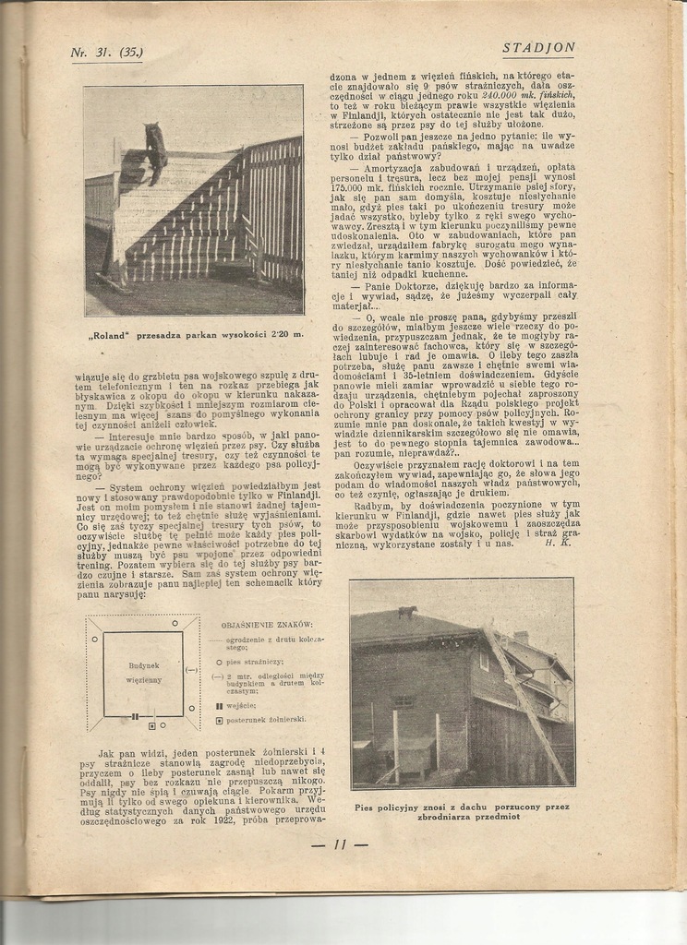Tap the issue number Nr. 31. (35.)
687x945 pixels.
pyautogui.click(x=106, y=53)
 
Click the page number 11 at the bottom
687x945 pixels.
pyautogui.click(x=340, y=843)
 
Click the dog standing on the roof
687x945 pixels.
pyautogui.click(x=406, y=611)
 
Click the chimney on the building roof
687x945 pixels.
pyautogui.click(x=521, y=637)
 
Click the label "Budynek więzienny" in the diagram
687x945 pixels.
pyautogui.click(x=143, y=672)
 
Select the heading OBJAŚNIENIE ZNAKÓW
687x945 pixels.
pyautogui.click(x=268, y=625)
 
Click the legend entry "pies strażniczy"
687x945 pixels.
pyautogui.click(x=254, y=662)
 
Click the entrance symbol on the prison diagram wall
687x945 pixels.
pyautogui.click(x=135, y=715)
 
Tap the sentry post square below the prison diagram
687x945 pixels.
pyautogui.click(x=151, y=724)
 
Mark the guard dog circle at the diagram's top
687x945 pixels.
pyautogui.click(x=175, y=624)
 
